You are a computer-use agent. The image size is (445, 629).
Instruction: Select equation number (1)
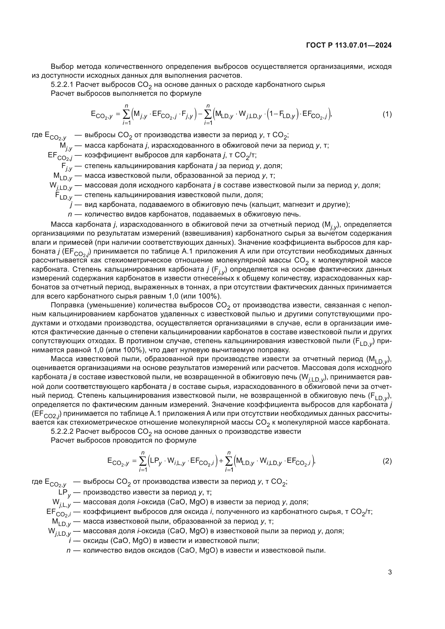[x=387, y=114]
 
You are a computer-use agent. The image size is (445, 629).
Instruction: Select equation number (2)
[x=387, y=461]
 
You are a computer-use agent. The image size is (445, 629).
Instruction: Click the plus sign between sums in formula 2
[x=221, y=461]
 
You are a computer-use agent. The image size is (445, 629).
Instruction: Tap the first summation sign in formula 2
[x=143, y=461]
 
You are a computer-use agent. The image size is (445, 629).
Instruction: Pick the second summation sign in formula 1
[x=208, y=115]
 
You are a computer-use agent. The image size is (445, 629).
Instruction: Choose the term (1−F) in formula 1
[x=282, y=115]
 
